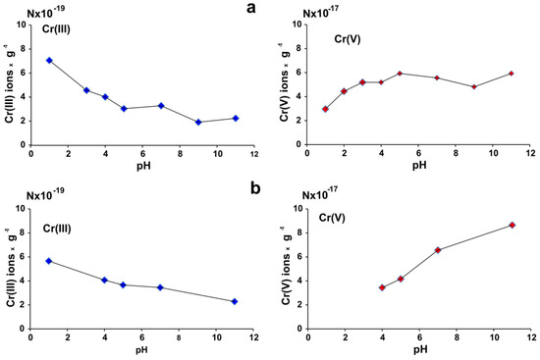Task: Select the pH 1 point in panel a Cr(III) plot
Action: coord(49,60)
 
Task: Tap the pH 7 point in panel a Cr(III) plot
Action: coord(161,106)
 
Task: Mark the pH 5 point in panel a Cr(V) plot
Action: coord(400,74)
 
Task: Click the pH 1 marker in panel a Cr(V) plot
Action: coord(325,109)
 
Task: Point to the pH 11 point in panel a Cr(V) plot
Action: coord(512,74)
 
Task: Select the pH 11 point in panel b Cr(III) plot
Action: coord(235,301)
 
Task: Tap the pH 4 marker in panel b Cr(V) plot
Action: coord(382,287)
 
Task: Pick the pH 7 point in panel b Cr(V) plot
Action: coord(438,250)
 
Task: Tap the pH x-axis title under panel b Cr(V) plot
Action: coord(419,350)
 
